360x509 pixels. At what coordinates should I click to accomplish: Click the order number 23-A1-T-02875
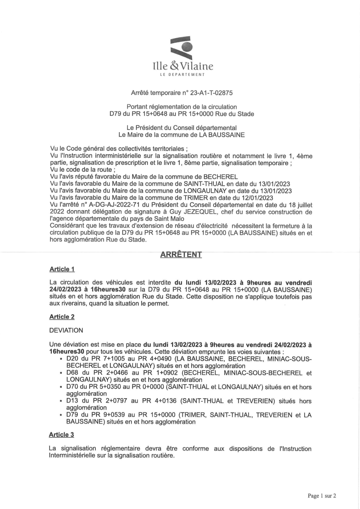212,93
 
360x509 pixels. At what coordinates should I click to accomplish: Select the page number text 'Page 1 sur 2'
322,496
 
